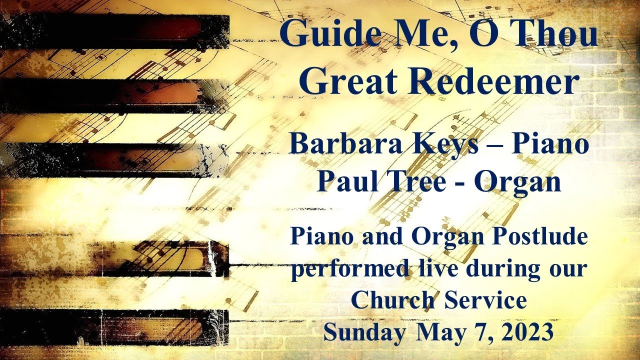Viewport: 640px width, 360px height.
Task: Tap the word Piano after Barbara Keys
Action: tap(549, 144)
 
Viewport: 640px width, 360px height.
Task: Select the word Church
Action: tap(386, 301)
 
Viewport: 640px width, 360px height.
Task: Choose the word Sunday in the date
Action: tap(364, 332)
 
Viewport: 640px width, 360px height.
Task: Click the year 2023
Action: tap(527, 332)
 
